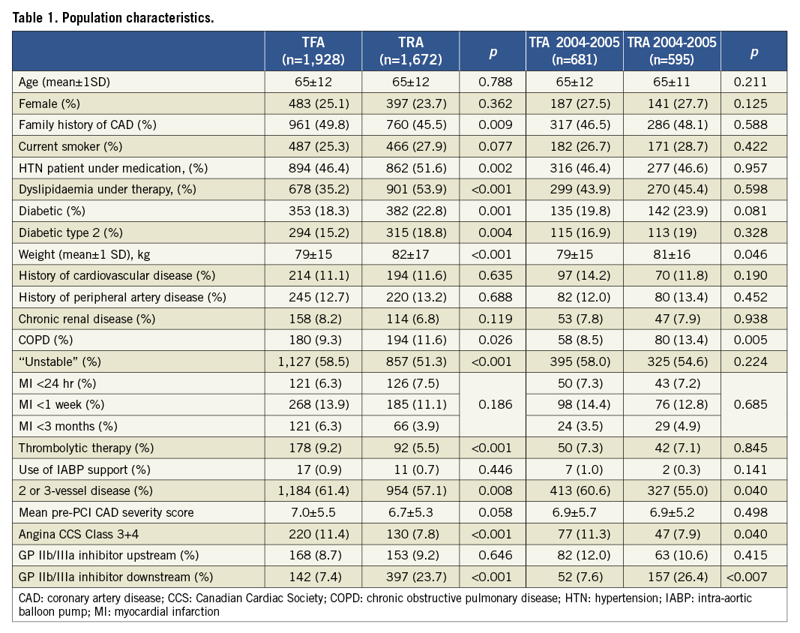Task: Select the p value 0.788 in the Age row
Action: [x=492, y=82]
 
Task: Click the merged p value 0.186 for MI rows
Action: [x=492, y=404]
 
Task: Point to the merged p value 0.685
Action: [x=754, y=404]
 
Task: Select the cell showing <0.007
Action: [x=754, y=577]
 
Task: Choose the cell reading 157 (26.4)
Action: [x=672, y=577]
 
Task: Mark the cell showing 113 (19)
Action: [x=672, y=232]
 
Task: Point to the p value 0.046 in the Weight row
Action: [x=754, y=254]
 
